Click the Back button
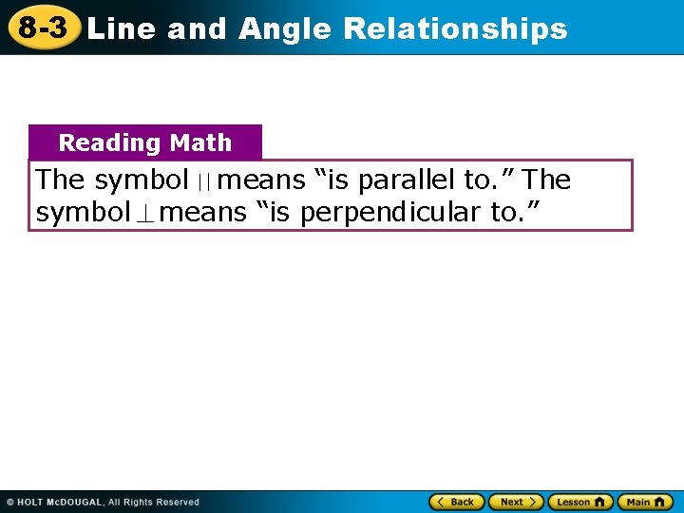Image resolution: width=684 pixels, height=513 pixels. coord(457,502)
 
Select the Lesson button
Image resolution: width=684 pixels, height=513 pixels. coord(579,502)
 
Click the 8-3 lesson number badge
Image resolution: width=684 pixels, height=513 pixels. coord(42,28)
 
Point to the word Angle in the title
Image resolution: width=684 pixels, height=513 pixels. coord(285,29)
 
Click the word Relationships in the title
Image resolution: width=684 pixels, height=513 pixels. coord(455,29)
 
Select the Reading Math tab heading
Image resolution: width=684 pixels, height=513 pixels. coord(145,142)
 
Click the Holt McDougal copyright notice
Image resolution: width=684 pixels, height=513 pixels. coord(104,502)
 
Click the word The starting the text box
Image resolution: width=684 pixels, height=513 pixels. coord(60,180)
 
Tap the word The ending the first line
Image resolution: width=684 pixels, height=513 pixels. coord(547,180)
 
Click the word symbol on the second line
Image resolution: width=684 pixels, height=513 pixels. coord(83,213)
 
